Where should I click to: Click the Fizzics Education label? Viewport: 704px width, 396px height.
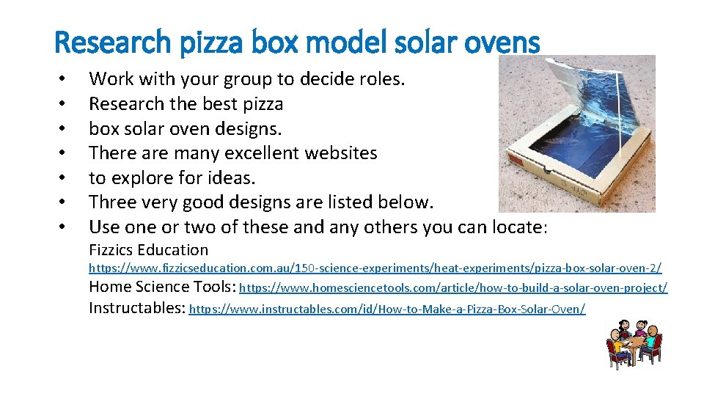click(x=148, y=250)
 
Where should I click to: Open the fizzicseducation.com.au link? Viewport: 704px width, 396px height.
click(x=375, y=269)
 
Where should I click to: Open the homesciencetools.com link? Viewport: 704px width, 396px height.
click(x=453, y=288)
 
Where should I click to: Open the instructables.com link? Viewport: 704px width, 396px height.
click(x=387, y=309)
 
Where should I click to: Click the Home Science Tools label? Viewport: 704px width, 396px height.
click(x=161, y=287)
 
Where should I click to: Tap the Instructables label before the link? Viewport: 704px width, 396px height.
click(x=136, y=307)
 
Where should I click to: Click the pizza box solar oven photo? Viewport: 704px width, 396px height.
click(x=576, y=133)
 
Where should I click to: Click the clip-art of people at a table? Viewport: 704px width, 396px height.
click(x=634, y=342)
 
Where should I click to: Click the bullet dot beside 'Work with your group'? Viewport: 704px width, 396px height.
click(x=65, y=78)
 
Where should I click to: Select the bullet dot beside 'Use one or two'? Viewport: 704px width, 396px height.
click(x=65, y=227)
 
